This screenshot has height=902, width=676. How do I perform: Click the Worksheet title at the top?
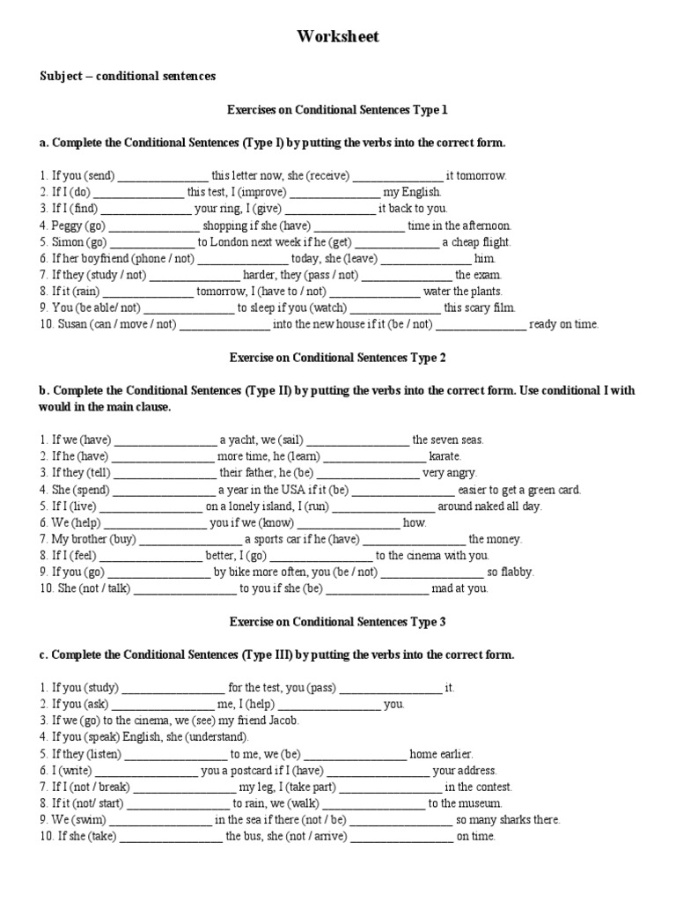(x=338, y=36)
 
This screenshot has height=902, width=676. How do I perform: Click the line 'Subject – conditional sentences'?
(x=128, y=77)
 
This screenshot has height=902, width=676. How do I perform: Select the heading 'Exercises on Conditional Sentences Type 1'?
(x=338, y=110)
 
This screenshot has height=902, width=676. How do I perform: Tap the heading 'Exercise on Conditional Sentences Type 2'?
(x=338, y=358)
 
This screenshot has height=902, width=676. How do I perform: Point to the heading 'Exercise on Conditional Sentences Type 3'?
(x=338, y=622)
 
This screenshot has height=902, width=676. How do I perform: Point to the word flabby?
(x=516, y=572)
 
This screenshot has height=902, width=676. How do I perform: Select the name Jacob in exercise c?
(x=283, y=721)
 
